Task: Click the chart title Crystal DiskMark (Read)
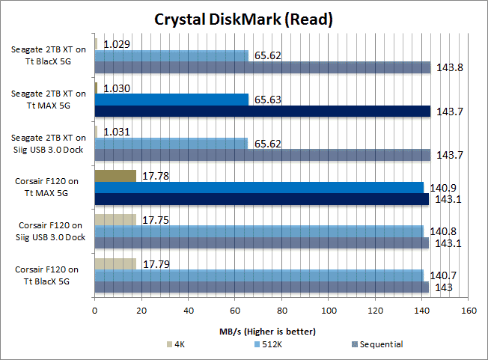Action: pos(243,19)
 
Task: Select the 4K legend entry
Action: pos(180,345)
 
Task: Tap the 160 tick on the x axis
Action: pos(469,310)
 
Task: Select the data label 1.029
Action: pos(117,44)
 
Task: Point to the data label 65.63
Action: pos(266,100)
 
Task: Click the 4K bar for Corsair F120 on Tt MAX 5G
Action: pos(115,176)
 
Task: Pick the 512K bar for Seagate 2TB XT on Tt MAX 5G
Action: pos(171,100)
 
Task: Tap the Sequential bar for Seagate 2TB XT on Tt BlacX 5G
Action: pos(262,67)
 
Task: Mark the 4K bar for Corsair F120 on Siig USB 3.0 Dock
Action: pos(115,220)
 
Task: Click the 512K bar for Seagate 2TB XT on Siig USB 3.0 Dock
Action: pos(171,143)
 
